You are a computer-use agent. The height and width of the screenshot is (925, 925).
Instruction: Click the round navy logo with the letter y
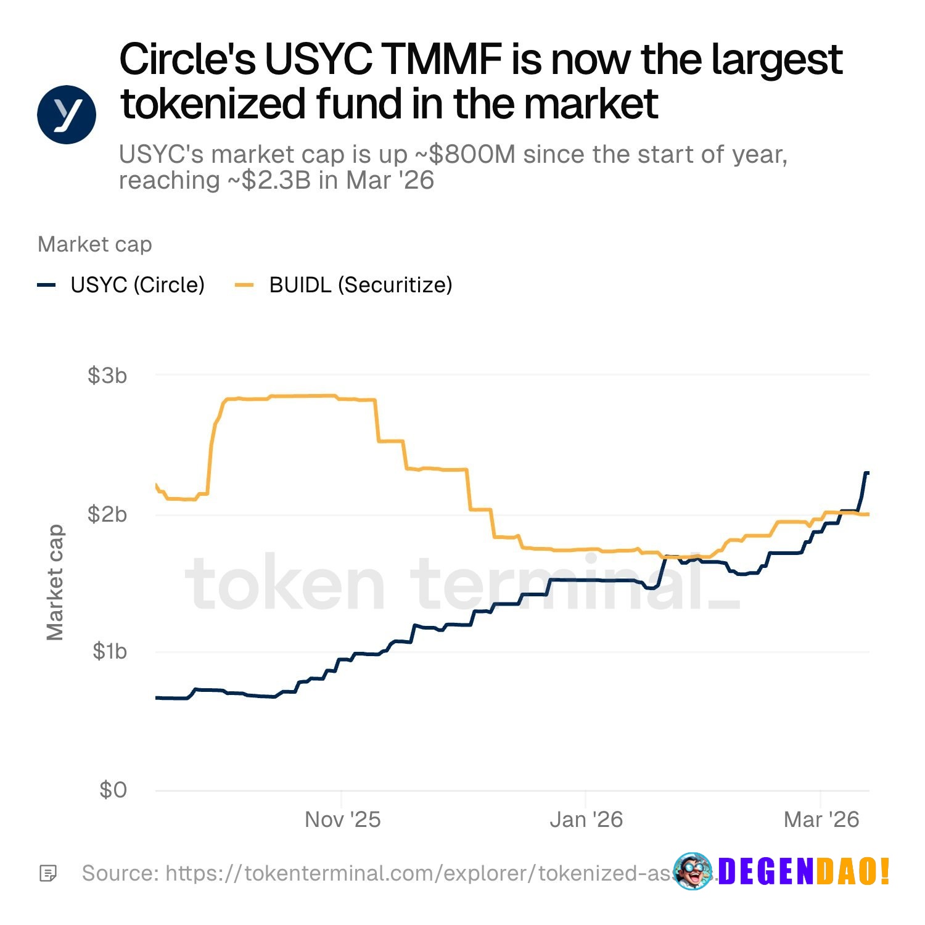[x=67, y=114]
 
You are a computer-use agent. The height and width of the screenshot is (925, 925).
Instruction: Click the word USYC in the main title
[x=318, y=60]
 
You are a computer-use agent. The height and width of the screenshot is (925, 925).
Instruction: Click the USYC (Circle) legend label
[x=138, y=285]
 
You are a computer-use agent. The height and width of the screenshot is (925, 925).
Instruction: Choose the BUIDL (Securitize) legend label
[x=361, y=285]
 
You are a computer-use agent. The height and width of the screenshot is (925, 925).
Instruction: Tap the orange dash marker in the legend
[x=245, y=285]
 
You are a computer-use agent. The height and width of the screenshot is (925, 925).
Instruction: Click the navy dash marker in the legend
[x=47, y=285]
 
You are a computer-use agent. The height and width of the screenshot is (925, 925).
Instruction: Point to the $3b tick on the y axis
[x=107, y=375]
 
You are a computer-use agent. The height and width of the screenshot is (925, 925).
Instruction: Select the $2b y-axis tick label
[x=107, y=514]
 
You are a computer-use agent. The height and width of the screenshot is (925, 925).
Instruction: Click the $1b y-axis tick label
[x=109, y=651]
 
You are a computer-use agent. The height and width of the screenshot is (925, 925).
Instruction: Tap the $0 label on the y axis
[x=113, y=790]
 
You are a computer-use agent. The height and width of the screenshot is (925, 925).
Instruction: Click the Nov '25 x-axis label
[x=342, y=820]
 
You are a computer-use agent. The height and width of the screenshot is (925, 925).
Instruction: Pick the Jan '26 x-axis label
[x=586, y=820]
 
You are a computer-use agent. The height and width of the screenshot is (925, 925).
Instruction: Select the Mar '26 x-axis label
[x=821, y=820]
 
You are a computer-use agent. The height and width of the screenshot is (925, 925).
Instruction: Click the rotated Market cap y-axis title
[x=55, y=582]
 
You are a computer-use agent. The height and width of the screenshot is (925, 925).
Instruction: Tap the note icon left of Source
[x=48, y=873]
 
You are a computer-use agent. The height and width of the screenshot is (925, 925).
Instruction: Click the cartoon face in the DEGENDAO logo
[x=692, y=871]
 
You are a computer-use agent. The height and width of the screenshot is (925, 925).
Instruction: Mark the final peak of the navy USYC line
[x=866, y=473]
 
